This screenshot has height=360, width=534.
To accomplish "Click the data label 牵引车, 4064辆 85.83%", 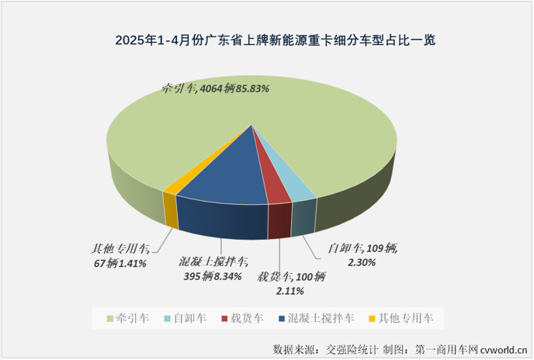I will pos(215,88).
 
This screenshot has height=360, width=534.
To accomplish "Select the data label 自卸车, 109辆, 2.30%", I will pos(362,255).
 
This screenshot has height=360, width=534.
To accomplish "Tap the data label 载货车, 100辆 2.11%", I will pos(294,283).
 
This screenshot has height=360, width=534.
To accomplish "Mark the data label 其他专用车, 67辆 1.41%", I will pos(120,255).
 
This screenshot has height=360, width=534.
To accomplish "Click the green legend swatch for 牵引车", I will pos(108,318).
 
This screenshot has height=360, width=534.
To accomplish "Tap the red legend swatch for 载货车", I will pos(224,318).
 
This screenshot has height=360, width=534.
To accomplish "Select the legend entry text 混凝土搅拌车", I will pos(321,318).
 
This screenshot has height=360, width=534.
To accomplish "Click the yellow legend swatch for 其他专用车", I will pos(373,318).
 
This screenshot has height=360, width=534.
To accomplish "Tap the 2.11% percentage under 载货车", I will pos(290,292).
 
